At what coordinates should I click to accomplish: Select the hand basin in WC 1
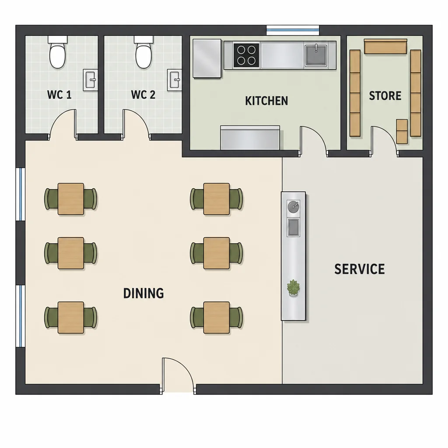point(90,80)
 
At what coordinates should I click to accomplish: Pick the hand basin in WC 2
point(174,80)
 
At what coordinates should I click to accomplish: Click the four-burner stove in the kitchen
point(246,55)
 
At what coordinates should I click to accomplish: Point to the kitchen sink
point(316,55)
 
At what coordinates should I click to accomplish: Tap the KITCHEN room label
point(266,101)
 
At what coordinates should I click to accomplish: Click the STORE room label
point(385,96)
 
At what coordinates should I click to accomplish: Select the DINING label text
point(143,294)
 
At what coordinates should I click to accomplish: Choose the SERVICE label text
point(360,269)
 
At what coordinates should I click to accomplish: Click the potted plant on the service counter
point(294,288)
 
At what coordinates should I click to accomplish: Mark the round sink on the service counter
point(294,207)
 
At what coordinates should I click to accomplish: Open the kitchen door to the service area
point(313,141)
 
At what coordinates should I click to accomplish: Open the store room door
point(384,141)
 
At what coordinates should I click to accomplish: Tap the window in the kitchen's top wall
point(293,30)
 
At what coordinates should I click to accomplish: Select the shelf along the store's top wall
point(385,46)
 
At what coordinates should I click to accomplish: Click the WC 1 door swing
point(63,125)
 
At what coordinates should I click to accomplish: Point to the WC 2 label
point(143,94)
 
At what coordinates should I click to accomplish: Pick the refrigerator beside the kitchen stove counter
point(207,59)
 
